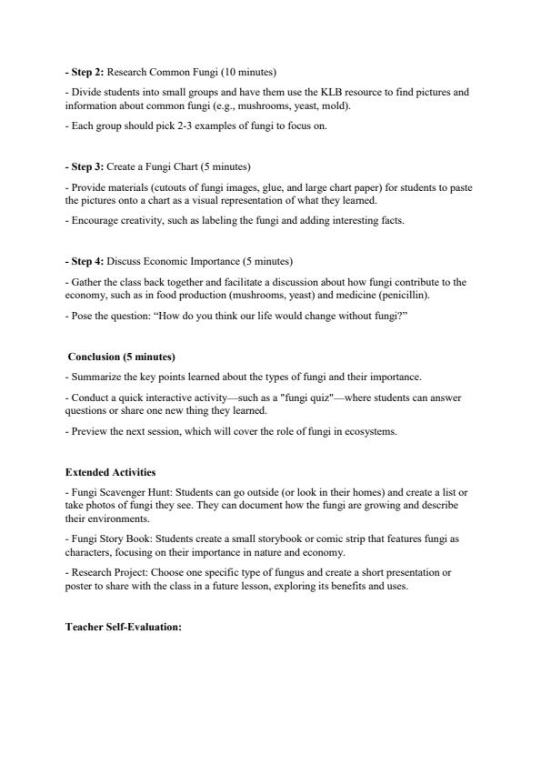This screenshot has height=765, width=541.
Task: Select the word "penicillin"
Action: tap(406, 296)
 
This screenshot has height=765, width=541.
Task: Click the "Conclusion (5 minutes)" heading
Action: tap(122, 357)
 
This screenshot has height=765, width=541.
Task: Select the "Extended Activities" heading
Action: tap(110, 472)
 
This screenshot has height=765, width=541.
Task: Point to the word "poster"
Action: tap(79, 586)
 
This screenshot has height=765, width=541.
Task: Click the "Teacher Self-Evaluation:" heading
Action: tap(124, 627)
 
